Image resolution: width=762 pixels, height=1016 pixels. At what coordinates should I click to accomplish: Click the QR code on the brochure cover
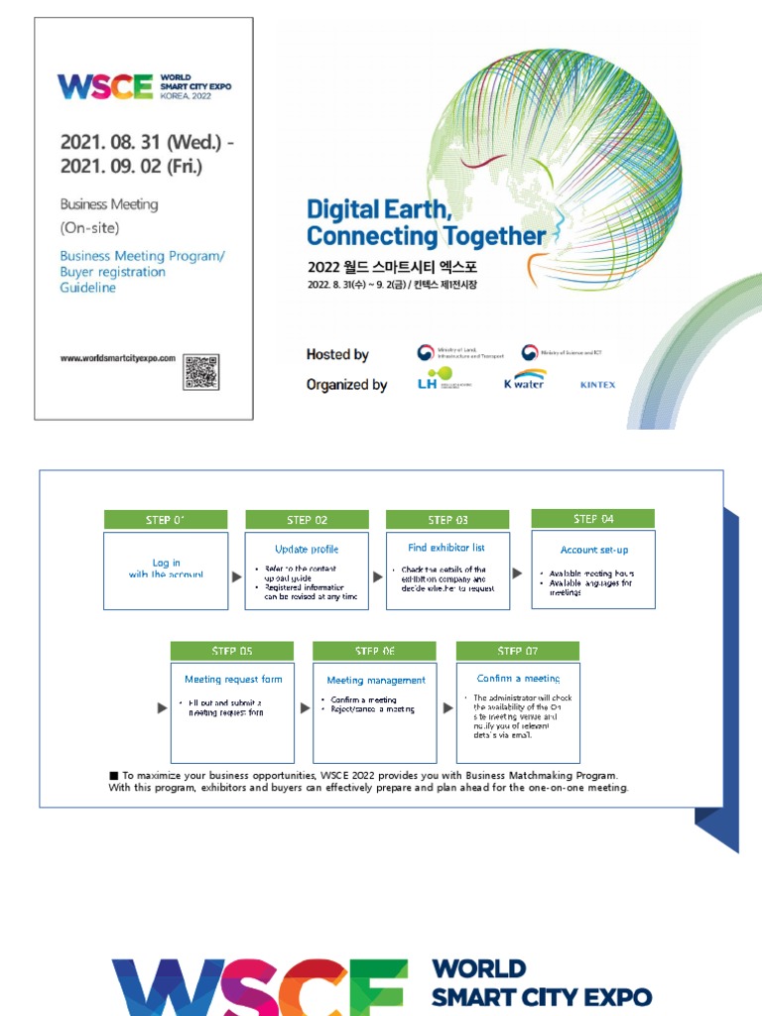click(200, 372)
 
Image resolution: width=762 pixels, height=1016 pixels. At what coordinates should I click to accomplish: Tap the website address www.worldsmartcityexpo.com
click(117, 358)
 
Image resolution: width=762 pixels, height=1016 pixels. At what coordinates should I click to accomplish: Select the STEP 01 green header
click(166, 520)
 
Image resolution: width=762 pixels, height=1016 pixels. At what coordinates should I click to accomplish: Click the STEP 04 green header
click(592, 519)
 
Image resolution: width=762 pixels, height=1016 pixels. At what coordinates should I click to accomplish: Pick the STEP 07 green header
click(517, 651)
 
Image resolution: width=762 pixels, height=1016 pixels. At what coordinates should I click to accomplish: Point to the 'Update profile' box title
click(307, 549)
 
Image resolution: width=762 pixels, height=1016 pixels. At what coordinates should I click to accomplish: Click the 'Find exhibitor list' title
click(445, 548)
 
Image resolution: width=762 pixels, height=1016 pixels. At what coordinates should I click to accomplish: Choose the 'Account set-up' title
click(593, 550)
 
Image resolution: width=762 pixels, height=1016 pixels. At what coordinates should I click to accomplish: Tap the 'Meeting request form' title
click(233, 680)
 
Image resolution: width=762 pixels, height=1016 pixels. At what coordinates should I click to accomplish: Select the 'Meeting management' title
click(376, 681)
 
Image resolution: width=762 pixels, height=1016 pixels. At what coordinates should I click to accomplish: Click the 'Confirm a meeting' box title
click(518, 679)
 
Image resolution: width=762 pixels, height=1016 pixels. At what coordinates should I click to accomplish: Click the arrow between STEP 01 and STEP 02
click(237, 575)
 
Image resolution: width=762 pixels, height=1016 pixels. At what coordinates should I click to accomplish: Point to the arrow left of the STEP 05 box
click(162, 708)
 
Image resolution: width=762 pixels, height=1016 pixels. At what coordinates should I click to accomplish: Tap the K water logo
click(523, 382)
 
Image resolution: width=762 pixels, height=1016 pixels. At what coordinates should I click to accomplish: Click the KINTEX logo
click(597, 385)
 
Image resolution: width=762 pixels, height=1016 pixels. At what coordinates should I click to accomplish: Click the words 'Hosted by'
click(337, 354)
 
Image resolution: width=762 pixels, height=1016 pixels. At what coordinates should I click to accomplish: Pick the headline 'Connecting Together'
click(426, 236)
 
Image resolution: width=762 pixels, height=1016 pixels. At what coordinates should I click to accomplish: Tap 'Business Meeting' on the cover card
click(109, 204)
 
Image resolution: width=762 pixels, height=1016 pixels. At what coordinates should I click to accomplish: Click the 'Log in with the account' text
click(166, 569)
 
